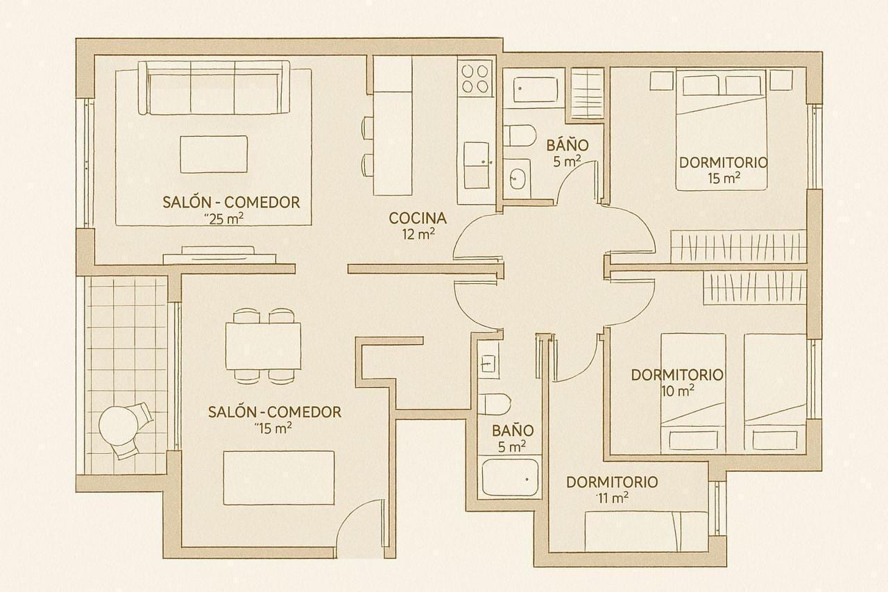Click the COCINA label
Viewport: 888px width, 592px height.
[417, 218]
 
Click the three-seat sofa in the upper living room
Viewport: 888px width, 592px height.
[214, 87]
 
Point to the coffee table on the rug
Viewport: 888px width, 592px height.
[214, 154]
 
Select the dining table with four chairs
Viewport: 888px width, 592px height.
[264, 346]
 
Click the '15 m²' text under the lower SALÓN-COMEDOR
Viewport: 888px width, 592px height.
[273, 428]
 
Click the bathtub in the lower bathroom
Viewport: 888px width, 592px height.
[511, 477]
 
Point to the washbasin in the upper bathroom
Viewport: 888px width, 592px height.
[517, 178]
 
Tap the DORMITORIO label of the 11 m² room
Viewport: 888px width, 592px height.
[612, 482]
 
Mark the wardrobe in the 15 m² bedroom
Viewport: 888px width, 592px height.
[738, 246]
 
